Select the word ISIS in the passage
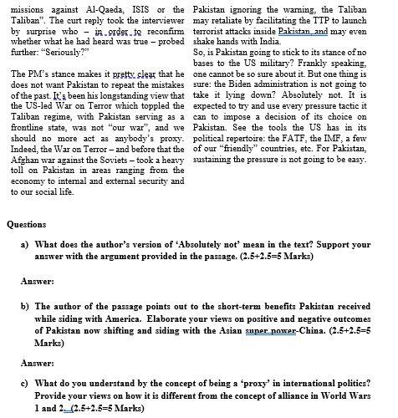click(140, 7)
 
